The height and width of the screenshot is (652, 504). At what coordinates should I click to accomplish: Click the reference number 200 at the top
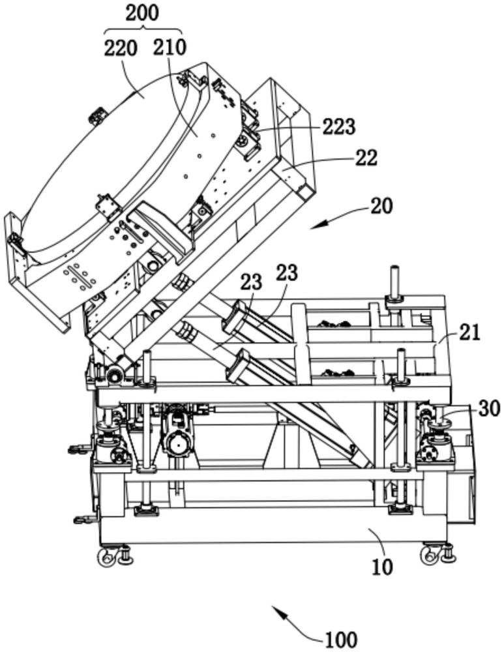tap(142, 13)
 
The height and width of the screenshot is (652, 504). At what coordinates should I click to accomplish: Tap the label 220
tap(120, 49)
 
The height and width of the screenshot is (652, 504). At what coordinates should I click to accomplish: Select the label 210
tap(170, 47)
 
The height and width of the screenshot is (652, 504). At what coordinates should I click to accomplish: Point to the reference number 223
tap(339, 127)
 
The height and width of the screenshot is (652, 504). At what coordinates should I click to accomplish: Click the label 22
tap(366, 158)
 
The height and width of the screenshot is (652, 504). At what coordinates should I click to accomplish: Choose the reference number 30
tap(489, 409)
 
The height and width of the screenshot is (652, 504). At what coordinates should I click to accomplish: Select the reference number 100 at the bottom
tap(341, 640)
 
